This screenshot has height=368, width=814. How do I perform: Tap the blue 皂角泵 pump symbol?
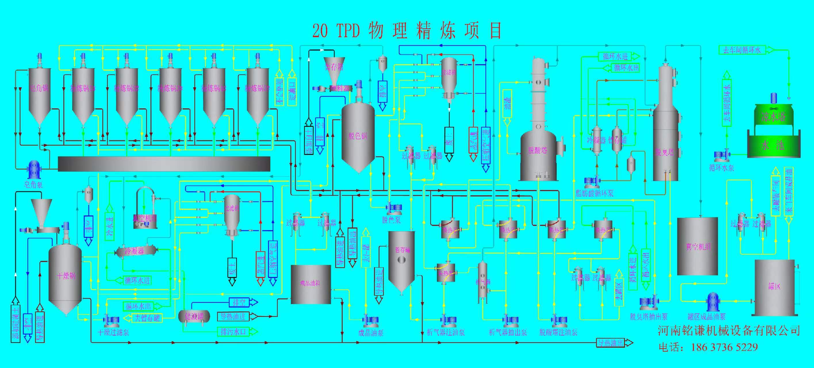(x=33, y=170)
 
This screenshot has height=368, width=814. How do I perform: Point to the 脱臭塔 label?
(x=665, y=153)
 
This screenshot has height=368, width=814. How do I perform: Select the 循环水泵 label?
(x=721, y=168)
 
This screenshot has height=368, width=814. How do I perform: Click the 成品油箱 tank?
(x=310, y=284)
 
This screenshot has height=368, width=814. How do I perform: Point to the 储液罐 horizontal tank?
(x=194, y=316)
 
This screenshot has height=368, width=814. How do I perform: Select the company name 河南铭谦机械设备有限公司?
(x=729, y=331)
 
